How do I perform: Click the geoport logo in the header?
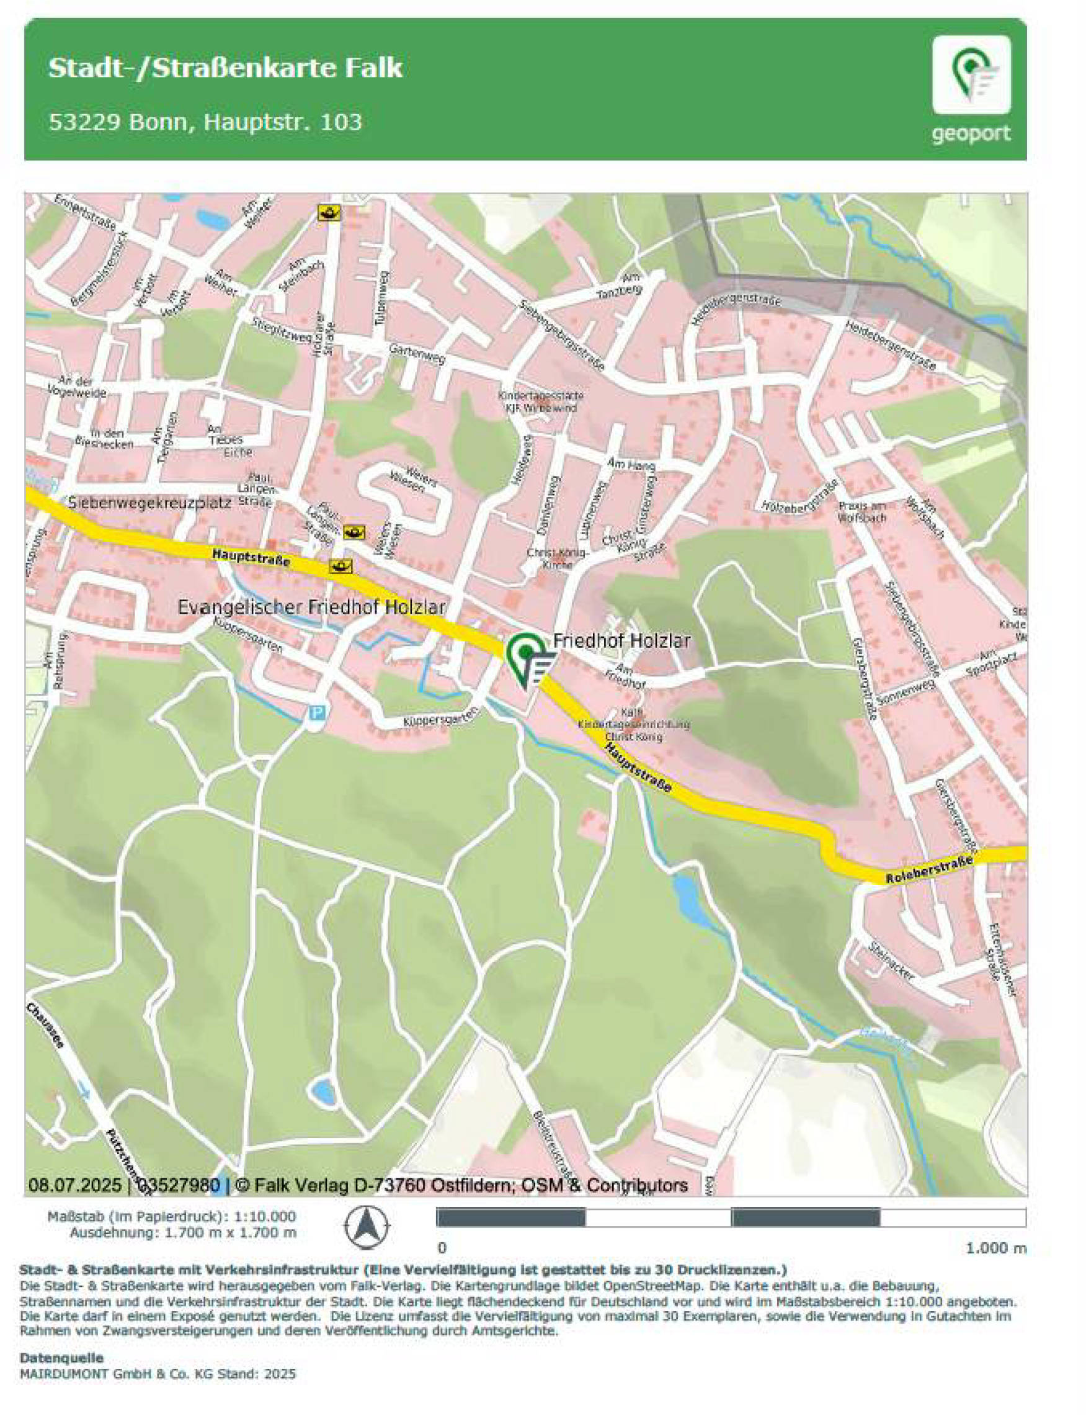971,89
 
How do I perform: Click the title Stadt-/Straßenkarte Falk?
225,68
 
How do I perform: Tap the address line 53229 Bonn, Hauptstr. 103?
205,122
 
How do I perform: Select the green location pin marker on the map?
525,655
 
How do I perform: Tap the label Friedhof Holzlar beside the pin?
622,640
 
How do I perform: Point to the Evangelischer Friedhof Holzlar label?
311,607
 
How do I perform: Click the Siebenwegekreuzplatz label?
149,503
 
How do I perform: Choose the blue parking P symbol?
317,713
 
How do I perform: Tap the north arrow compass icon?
367,1226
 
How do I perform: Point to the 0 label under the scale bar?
442,1248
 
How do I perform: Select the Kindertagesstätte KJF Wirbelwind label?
540,401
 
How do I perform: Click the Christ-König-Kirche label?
557,558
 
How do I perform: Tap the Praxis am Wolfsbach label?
861,511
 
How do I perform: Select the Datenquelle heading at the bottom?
61,1358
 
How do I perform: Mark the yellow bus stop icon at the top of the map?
329,213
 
